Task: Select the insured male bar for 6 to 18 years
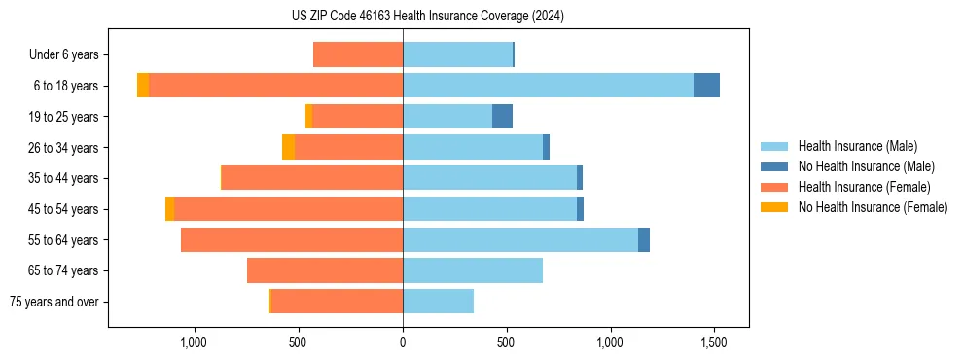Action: pos(548,86)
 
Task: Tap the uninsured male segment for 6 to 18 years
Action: pos(706,86)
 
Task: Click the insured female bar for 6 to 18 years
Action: pos(275,86)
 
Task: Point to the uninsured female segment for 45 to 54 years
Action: pos(169,209)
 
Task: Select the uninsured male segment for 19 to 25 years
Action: pos(502,117)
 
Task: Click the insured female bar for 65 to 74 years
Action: pos(325,270)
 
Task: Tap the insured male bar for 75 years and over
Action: pos(438,302)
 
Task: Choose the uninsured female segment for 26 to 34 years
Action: pos(288,147)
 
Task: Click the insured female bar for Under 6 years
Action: pos(358,54)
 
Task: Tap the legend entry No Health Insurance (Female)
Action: pos(873,207)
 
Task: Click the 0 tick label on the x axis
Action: pos(403,343)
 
